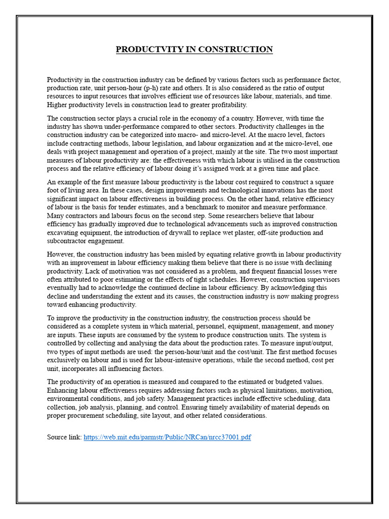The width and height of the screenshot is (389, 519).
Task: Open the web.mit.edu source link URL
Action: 167,437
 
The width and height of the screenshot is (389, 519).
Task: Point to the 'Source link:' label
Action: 64,437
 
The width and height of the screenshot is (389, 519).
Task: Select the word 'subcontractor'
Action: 69,241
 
